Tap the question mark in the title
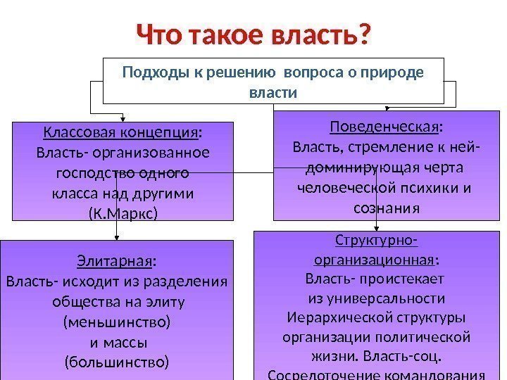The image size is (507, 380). coord(364,34)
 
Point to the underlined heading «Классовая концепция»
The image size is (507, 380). coord(120,132)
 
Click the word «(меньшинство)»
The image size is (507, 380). coord(116,323)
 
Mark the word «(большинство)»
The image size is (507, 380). coord(116,363)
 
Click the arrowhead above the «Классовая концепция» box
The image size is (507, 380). coord(123,118)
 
